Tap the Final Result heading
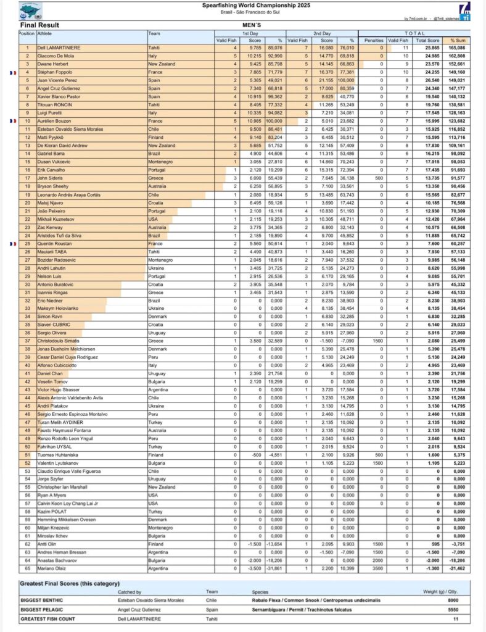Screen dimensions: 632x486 [40, 25]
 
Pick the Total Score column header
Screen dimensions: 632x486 [428, 40]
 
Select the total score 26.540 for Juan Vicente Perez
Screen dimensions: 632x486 [428, 80]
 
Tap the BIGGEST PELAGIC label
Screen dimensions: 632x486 [41, 609]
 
